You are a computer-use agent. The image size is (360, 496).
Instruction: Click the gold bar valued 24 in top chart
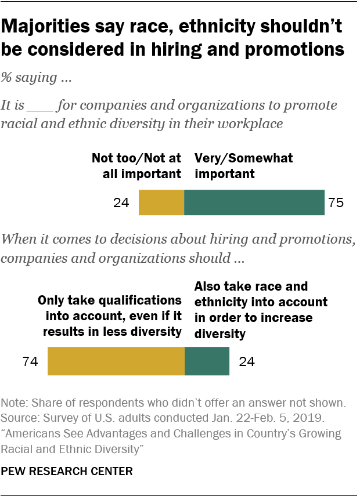pos(161,202)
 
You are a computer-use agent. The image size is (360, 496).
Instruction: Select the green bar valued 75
pos(254,202)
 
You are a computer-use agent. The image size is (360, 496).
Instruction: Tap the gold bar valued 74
pos(116,361)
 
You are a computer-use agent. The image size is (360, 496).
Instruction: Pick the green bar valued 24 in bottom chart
pos(207,361)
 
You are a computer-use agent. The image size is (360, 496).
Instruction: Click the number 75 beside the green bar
pos(336,203)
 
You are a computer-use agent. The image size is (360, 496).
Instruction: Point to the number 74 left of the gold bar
pos(30,362)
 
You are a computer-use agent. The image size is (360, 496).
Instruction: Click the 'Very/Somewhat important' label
pos(244,165)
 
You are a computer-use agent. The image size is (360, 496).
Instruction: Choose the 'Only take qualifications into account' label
pos(110,316)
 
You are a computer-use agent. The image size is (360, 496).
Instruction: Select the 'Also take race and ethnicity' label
pos(260,310)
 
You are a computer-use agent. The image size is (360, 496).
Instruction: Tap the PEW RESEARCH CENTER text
pos(67,472)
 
